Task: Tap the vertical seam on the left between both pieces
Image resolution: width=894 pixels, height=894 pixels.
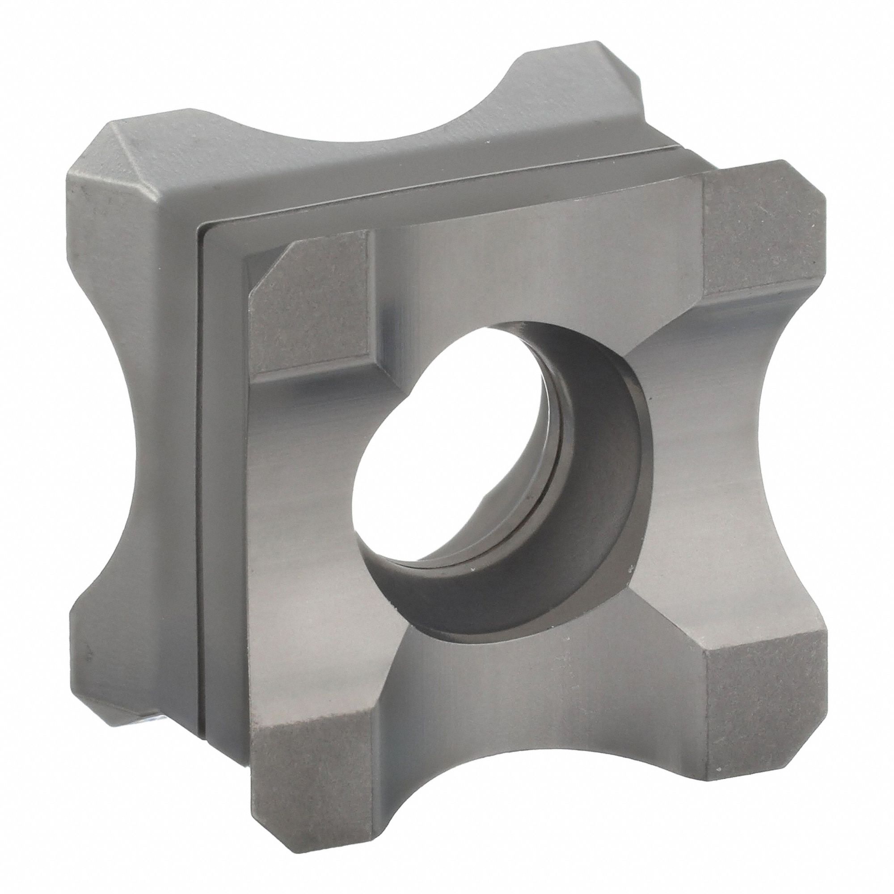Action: [200, 463]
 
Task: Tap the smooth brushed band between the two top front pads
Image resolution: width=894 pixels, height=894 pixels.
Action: [532, 259]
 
